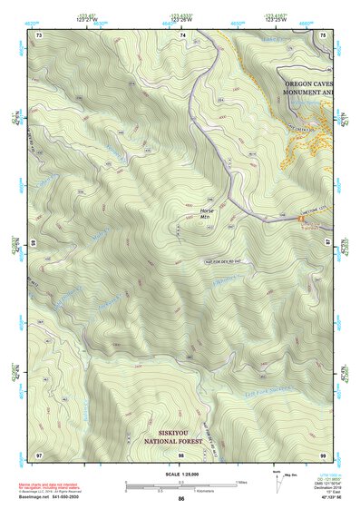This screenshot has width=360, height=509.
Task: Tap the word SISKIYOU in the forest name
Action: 171,433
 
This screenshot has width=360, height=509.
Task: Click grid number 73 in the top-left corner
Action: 40,34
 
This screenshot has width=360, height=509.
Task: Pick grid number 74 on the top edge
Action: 182,34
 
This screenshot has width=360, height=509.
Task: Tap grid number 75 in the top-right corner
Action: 325,34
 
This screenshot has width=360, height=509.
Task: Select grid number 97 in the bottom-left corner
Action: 39,453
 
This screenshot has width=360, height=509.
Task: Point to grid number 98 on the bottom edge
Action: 181,453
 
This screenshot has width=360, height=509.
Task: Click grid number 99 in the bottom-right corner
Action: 324,453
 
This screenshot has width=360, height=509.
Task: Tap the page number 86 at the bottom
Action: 181,499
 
